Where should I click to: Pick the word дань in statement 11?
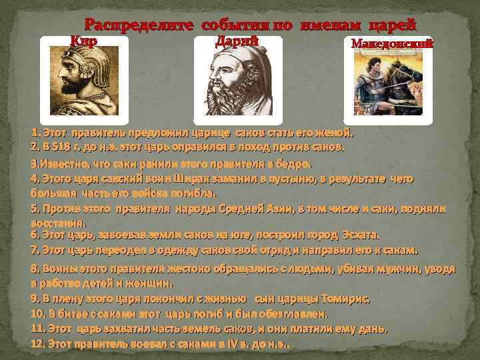(375, 328)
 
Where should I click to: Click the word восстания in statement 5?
(56, 222)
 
